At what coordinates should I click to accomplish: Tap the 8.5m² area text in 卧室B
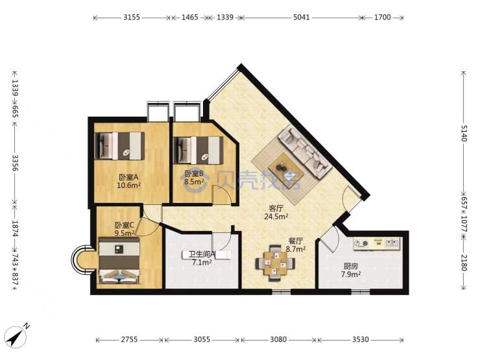tap(194, 182)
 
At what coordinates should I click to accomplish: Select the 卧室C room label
tap(125, 225)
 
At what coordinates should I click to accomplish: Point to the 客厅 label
tap(276, 208)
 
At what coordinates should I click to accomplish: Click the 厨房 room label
tap(350, 266)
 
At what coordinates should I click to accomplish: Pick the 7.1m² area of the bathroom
tap(202, 262)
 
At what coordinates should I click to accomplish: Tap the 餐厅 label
tap(296, 241)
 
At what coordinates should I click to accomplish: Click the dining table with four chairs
tap(276, 263)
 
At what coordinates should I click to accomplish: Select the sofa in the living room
tap(306, 152)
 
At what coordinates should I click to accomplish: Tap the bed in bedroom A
tap(120, 146)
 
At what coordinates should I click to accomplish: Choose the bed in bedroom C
tap(120, 260)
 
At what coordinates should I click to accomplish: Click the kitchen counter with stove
tap(377, 244)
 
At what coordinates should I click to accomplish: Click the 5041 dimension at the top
tap(301, 17)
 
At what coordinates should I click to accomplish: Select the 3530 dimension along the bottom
tap(360, 339)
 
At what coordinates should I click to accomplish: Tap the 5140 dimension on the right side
tap(464, 134)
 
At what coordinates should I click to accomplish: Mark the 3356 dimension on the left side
tap(15, 163)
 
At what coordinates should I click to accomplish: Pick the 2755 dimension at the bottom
tap(129, 339)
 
